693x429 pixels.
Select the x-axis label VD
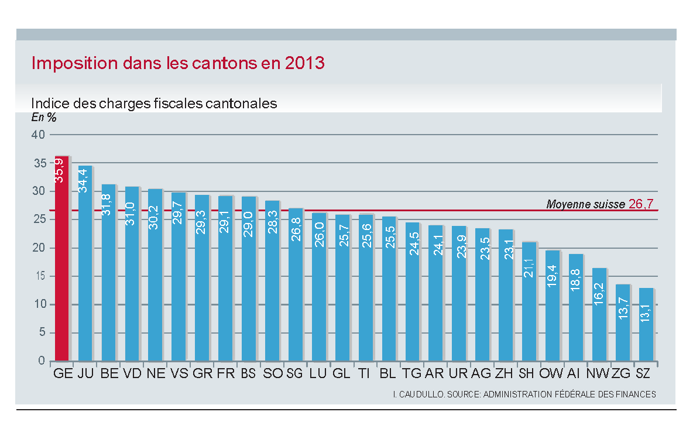point(133,373)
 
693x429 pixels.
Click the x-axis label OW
point(551,373)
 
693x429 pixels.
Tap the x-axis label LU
point(318,373)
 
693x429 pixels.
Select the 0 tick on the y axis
point(42,361)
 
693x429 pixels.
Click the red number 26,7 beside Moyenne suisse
point(644,204)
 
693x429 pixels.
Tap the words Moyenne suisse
point(585,204)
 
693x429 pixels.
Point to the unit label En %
point(44,117)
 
